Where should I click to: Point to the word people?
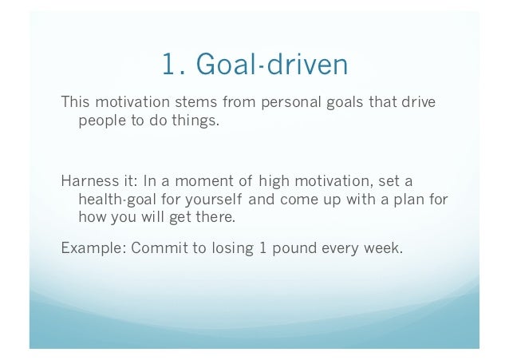(100, 124)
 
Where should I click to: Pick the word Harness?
(86, 179)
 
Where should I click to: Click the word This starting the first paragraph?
(77, 104)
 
